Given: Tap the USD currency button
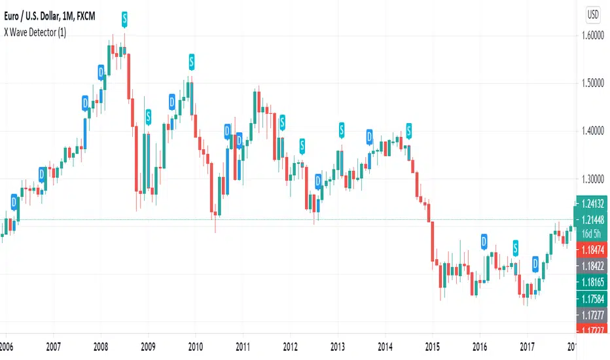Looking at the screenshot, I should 592,12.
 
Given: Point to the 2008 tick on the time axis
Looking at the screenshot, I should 101,348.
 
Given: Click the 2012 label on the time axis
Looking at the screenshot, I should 291,348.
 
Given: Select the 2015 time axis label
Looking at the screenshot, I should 433,348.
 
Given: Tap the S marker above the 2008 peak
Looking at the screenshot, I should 124,18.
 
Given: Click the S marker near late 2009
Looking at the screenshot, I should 192,62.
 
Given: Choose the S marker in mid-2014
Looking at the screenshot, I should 409,130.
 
